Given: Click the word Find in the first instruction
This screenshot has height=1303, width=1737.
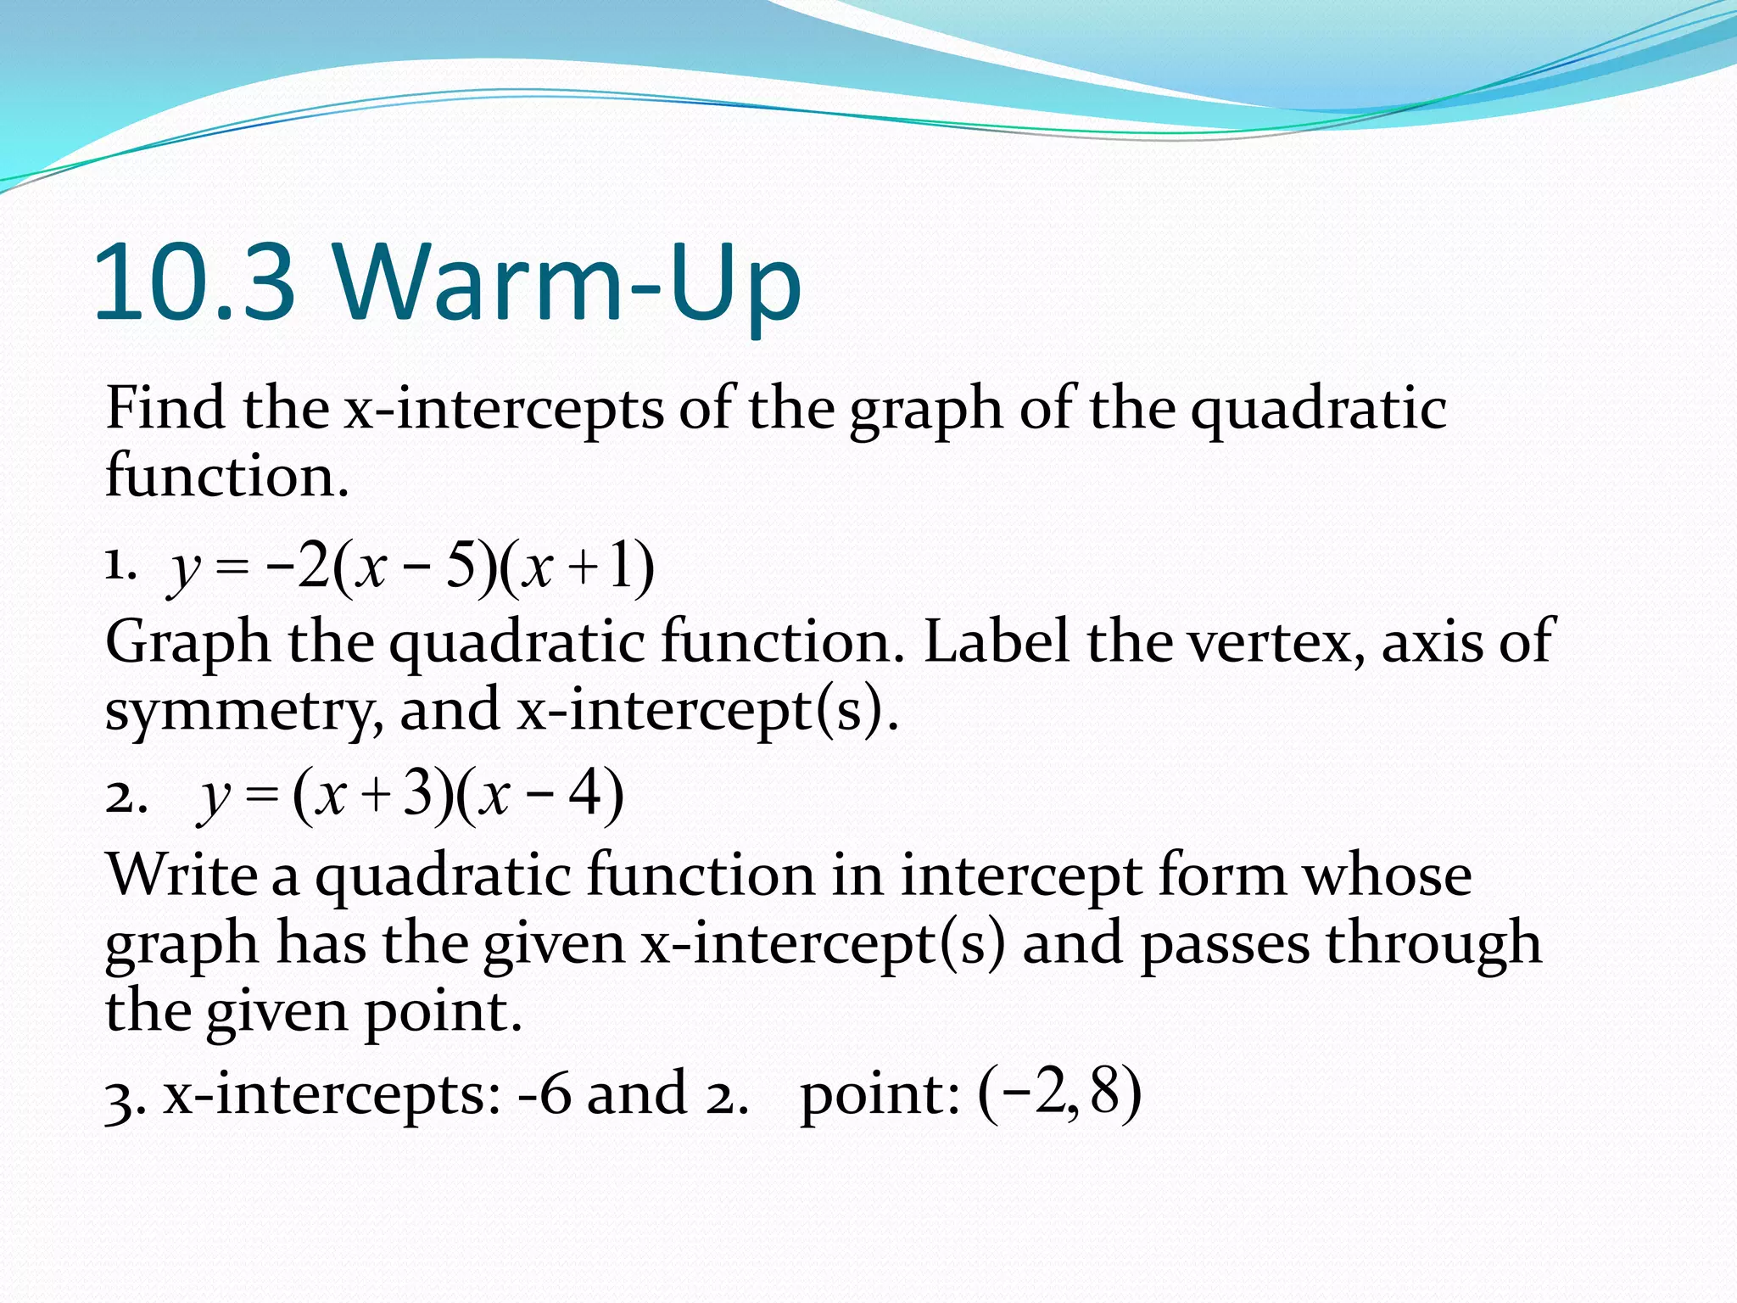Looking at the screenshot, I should (165, 408).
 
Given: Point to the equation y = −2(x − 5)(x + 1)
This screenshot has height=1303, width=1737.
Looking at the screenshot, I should (412, 568).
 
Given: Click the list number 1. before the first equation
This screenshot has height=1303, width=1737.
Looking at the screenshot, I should (120, 565).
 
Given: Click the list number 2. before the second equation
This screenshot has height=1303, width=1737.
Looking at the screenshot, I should (126, 797).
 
